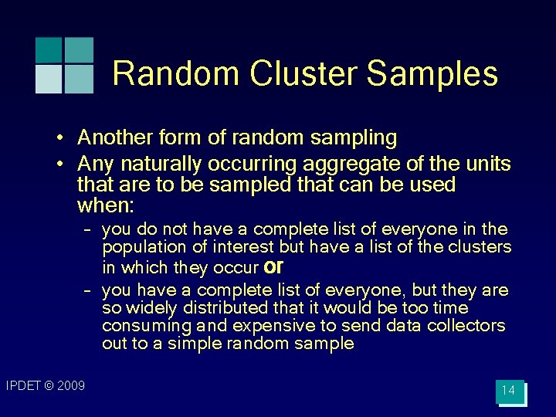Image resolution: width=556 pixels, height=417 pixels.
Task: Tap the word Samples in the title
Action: pos(432,74)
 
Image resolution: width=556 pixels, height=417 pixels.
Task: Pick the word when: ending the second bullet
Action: pos(106,206)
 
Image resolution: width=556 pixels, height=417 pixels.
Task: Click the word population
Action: pos(139,247)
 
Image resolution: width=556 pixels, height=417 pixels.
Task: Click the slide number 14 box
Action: pos(508,391)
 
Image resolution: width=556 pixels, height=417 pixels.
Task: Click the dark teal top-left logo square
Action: pos(47,49)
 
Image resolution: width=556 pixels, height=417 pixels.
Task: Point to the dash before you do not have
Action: pos(88,229)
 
